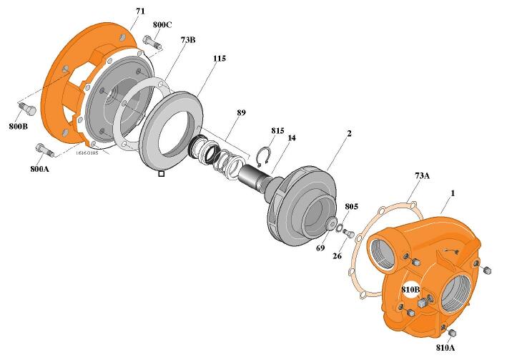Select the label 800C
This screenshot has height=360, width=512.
click(x=162, y=24)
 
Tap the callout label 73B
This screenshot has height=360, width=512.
click(x=188, y=40)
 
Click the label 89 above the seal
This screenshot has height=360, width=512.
click(x=242, y=112)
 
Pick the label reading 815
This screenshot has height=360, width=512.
click(x=277, y=131)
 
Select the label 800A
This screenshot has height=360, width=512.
click(x=40, y=169)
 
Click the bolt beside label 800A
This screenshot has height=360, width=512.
click(x=44, y=150)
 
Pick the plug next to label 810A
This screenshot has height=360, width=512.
click(x=451, y=331)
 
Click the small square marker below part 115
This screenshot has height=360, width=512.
click(x=162, y=173)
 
